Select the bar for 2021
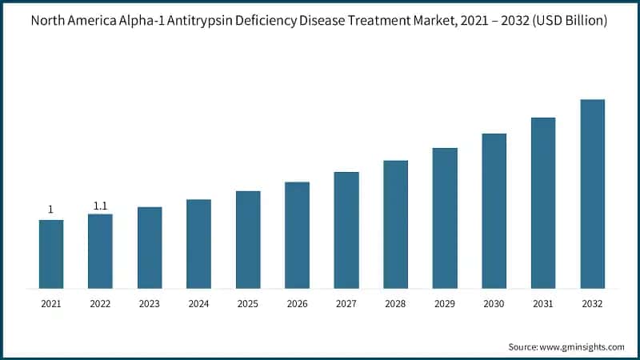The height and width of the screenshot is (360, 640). pyautogui.click(x=51, y=254)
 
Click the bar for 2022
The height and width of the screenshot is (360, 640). pyautogui.click(x=100, y=250)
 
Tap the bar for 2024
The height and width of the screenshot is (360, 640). pyautogui.click(x=198, y=243)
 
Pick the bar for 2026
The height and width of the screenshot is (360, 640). pyautogui.click(x=297, y=234)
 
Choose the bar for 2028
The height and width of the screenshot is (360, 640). pyautogui.click(x=395, y=224)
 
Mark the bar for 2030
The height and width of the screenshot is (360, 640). pyautogui.click(x=494, y=210)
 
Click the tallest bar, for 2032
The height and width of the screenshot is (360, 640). pyautogui.click(x=592, y=194)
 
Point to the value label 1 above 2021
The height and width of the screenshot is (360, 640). pyautogui.click(x=50, y=210)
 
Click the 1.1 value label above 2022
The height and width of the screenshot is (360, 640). pyautogui.click(x=100, y=206)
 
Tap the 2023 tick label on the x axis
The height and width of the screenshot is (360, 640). pyautogui.click(x=149, y=304)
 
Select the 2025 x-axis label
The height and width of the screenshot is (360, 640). pyautogui.click(x=247, y=304)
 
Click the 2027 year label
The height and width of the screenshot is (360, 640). pyautogui.click(x=346, y=304)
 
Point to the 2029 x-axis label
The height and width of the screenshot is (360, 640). pyautogui.click(x=444, y=304)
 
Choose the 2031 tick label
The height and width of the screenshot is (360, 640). pyautogui.click(x=542, y=304)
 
